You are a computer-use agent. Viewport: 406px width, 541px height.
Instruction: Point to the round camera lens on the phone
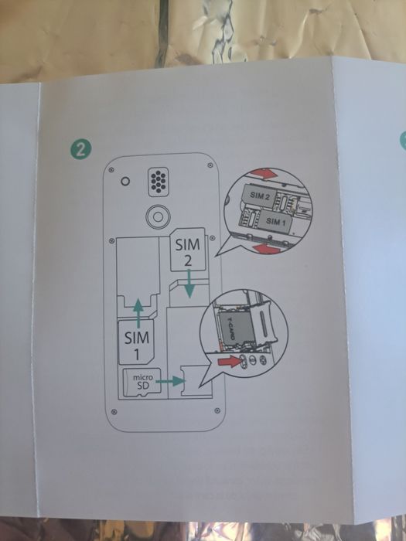pyautogui.click(x=159, y=216)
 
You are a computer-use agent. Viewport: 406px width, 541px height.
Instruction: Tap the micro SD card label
pyautogui.click(x=139, y=383)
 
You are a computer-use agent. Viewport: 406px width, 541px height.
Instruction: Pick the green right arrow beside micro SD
pyautogui.click(x=176, y=380)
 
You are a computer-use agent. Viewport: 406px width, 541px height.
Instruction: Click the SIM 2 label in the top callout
pyautogui.click(x=260, y=198)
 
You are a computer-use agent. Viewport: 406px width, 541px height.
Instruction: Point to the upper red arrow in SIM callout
pyautogui.click(x=268, y=172)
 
